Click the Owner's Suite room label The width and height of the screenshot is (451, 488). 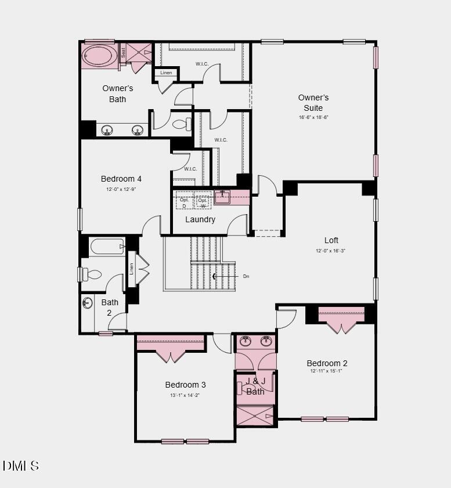click(313, 103)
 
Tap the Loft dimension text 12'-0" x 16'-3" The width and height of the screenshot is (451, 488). click(331, 251)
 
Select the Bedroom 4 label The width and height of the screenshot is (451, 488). click(121, 179)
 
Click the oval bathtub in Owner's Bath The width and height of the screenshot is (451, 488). click(99, 57)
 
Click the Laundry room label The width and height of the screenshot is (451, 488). click(200, 219)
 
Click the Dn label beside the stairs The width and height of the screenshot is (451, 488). click(246, 277)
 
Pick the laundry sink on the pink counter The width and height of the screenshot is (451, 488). click(222, 197)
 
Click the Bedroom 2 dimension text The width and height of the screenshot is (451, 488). click(326, 371)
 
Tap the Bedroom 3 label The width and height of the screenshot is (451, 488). click(185, 385)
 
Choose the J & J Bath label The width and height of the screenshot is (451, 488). click(255, 386)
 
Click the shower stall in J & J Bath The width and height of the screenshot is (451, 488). click(254, 416)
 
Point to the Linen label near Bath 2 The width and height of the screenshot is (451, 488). click(131, 269)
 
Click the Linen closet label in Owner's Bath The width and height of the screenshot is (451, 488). click(166, 73)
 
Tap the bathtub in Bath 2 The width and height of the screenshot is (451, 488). click(107, 247)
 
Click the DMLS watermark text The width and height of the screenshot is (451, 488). click(21, 465)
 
